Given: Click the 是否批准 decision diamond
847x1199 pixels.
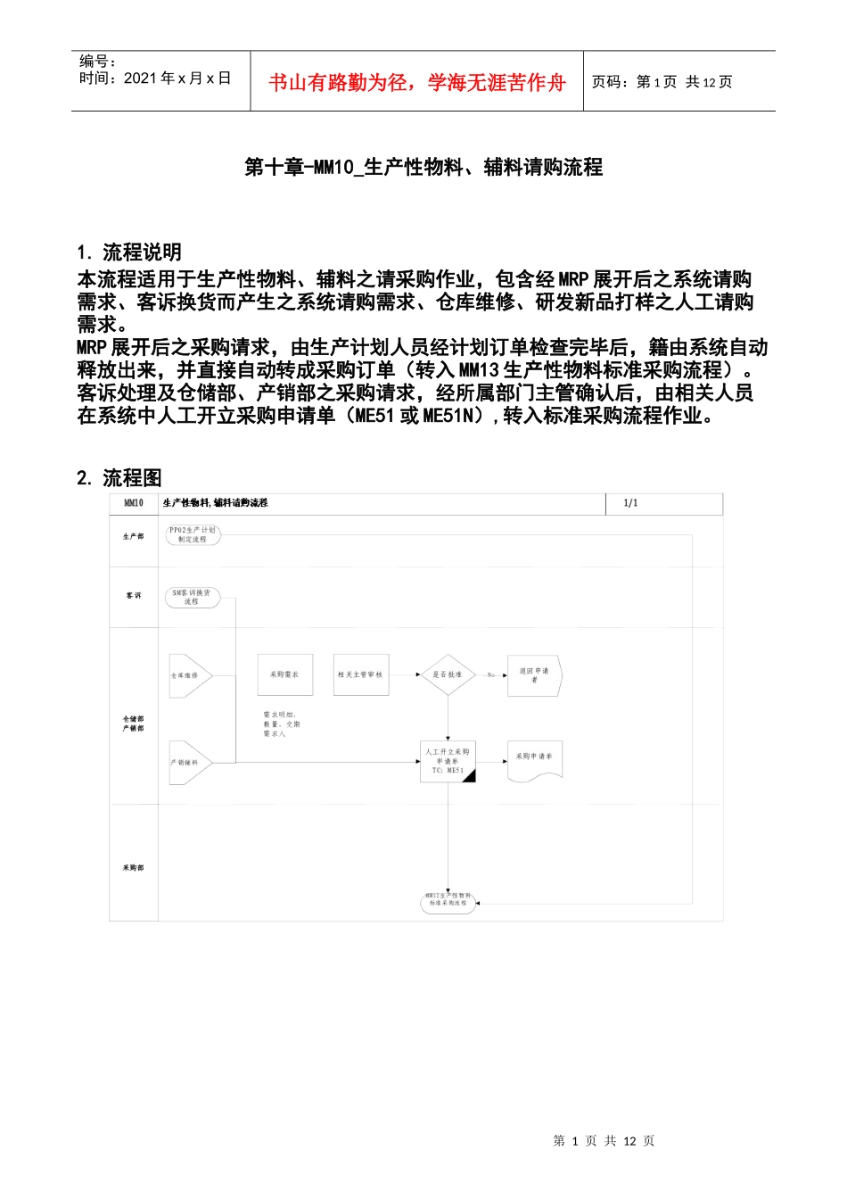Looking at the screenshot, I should pos(448,674).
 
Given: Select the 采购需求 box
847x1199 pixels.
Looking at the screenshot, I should pos(284,674).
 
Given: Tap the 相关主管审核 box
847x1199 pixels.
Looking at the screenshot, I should pos(360,674).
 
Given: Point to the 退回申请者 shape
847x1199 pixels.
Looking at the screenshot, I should pos(534,675).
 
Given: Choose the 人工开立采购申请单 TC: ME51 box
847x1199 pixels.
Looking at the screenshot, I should pos(448,761).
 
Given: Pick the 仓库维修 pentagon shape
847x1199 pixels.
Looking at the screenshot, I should pos(188,675).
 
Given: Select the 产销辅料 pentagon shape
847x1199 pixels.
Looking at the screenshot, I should pos(188,762).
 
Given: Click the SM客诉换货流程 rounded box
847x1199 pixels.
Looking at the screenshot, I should pos(192,597).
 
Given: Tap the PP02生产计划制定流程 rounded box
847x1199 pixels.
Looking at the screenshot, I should pos(193,534).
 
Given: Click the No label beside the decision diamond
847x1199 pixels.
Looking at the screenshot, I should pos(490,675).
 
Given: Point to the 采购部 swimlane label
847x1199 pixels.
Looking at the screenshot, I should pos(134,867).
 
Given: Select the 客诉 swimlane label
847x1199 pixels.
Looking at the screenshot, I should pos(134,595).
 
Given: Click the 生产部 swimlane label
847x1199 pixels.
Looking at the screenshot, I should pos(134,536).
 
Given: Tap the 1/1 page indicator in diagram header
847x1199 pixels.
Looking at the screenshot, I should pos(630,503).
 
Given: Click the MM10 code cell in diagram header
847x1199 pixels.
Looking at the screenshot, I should pos(134,503).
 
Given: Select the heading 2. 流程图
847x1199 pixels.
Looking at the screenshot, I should pos(119,478).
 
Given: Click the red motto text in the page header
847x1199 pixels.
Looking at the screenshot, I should pos(417,83).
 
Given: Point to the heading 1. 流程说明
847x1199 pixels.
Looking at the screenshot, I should pos(129,252).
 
